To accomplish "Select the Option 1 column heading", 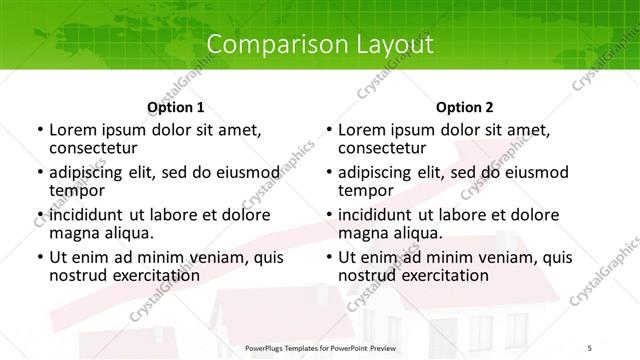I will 175,107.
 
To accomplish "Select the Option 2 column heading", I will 464,107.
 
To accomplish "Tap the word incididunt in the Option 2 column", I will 379,215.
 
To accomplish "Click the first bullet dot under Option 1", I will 39,131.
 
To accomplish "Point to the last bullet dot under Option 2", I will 328,258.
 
